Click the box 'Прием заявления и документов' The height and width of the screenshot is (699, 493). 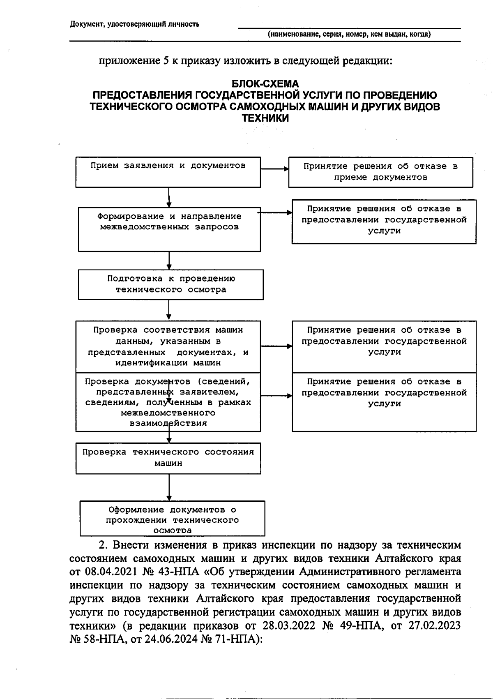click(x=168, y=172)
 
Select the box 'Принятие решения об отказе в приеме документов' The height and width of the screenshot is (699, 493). click(x=380, y=172)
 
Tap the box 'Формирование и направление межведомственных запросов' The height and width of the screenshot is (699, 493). click(x=169, y=229)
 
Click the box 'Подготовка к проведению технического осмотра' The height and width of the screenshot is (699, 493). click(x=170, y=284)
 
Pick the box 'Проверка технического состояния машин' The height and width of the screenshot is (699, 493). click(x=168, y=458)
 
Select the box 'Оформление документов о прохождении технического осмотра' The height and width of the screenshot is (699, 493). click(x=172, y=518)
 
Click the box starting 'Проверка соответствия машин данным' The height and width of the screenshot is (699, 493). click(x=168, y=346)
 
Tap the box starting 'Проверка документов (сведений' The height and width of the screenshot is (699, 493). click(x=168, y=402)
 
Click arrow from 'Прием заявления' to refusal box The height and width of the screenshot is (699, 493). click(x=274, y=168)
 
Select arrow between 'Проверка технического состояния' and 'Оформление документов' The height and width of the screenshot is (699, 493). click(x=169, y=487)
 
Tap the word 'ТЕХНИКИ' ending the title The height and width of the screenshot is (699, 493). click(x=265, y=119)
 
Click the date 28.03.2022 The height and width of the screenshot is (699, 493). click(x=281, y=625)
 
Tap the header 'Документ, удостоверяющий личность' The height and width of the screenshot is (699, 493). click(x=134, y=24)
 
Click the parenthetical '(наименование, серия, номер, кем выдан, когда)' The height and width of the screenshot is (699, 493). click(x=349, y=35)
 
